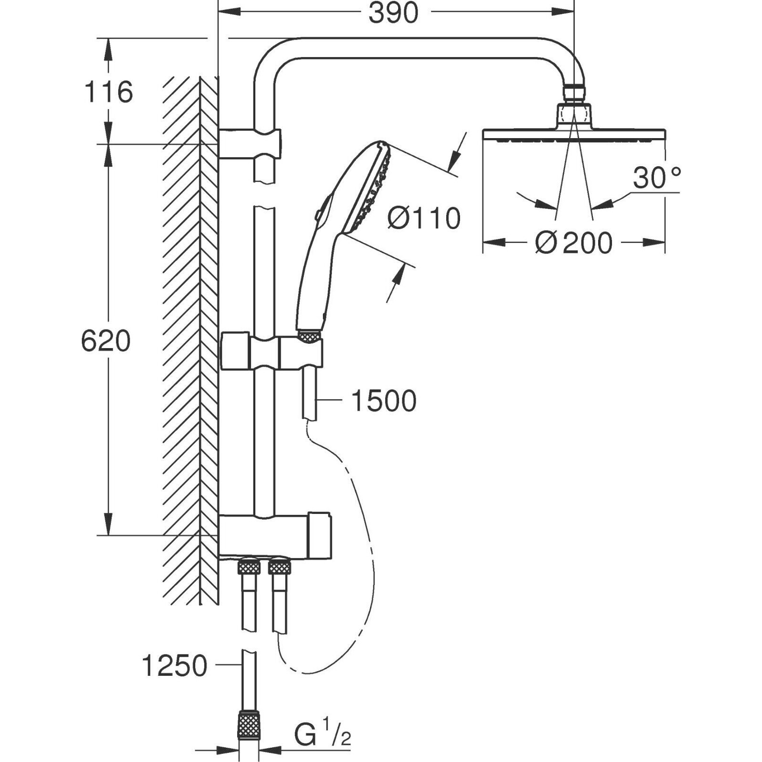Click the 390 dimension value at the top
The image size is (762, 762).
point(393,13)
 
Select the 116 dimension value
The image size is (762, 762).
point(109,92)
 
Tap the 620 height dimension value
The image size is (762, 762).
point(105,341)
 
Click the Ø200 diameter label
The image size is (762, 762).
point(573,243)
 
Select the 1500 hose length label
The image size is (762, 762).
point(383,401)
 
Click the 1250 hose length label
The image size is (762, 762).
point(175,665)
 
